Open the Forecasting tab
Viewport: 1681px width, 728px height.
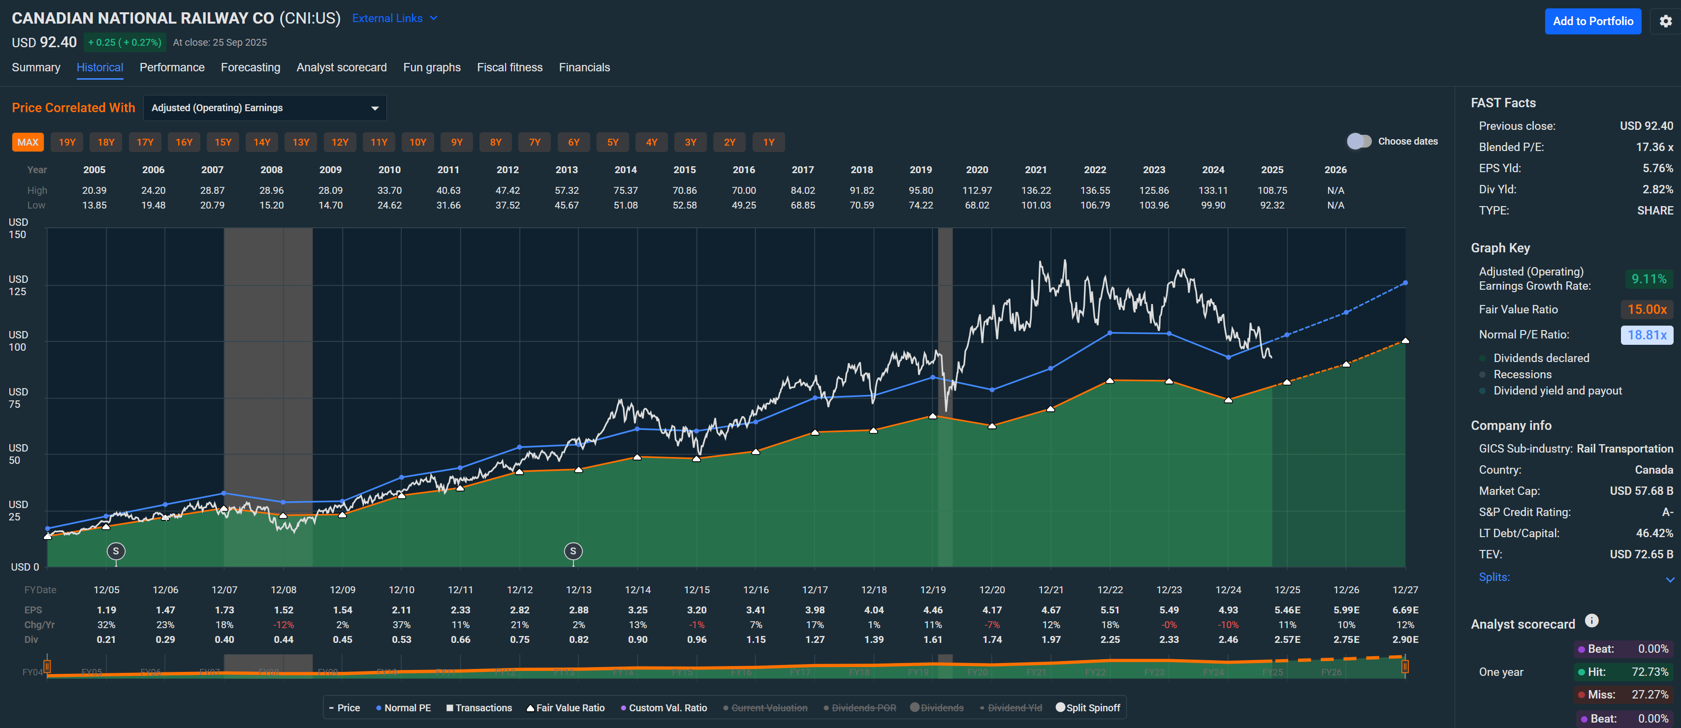(250, 67)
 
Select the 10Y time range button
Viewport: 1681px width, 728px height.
(417, 142)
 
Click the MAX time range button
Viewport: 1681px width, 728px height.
(28, 142)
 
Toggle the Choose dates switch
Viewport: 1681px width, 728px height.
(1359, 142)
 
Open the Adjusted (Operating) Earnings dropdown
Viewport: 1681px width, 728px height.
(264, 108)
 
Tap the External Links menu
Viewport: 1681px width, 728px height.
(394, 18)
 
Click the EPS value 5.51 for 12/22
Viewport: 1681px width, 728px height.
(1110, 610)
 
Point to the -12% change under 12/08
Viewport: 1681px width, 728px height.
(283, 625)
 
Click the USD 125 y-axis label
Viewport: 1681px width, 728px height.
(18, 285)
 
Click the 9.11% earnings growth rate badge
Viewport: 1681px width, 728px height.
(1649, 279)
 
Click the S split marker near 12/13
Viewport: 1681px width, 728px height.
(573, 551)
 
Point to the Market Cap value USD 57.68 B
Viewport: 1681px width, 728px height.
(1641, 490)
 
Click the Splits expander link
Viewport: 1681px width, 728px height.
(1494, 577)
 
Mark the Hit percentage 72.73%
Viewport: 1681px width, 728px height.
(1649, 672)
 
